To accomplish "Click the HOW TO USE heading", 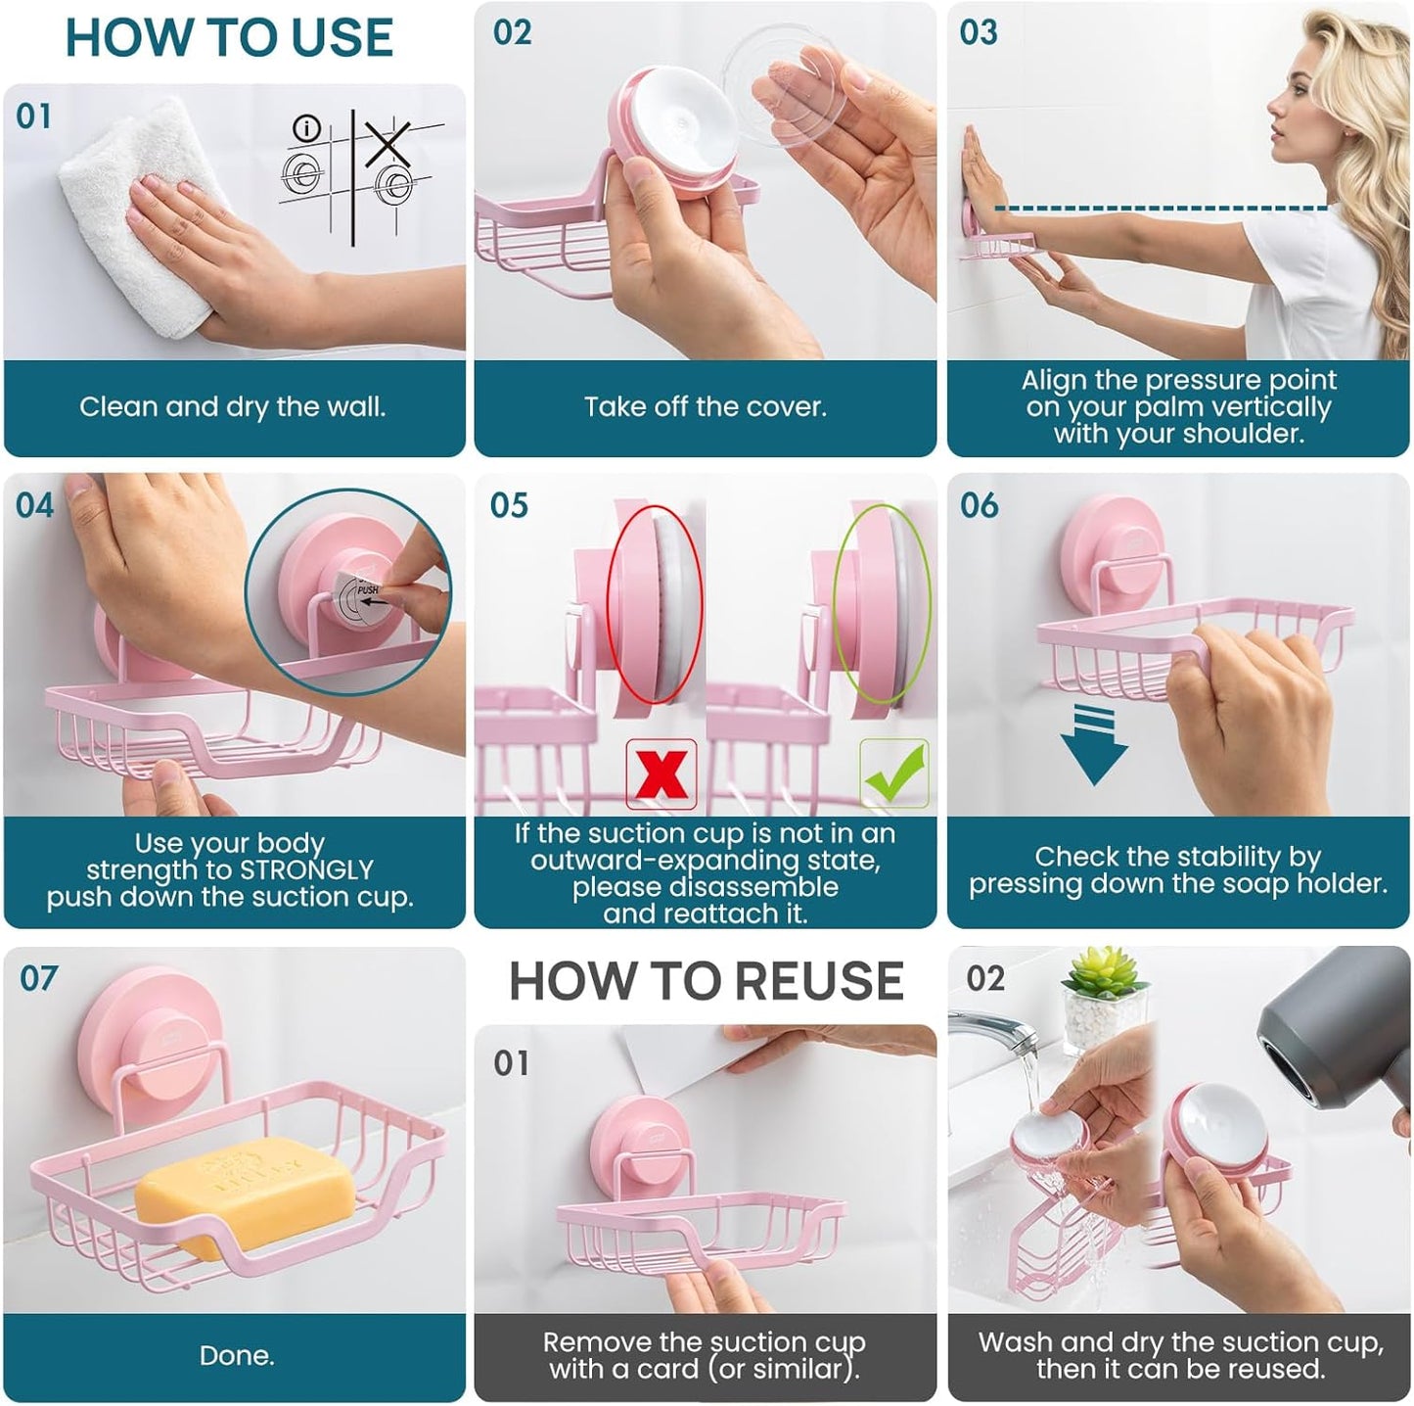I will [x=229, y=38].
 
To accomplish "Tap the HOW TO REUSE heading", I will [x=706, y=981].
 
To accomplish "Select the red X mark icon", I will [x=661, y=773].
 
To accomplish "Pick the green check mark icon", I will [x=893, y=773].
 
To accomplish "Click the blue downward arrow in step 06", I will [x=1093, y=743].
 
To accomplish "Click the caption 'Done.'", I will [x=236, y=1355].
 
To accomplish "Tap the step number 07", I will [x=38, y=978].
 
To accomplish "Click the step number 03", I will [x=979, y=32].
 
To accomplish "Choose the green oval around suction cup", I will [x=883, y=604].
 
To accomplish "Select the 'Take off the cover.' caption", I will [x=705, y=407].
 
